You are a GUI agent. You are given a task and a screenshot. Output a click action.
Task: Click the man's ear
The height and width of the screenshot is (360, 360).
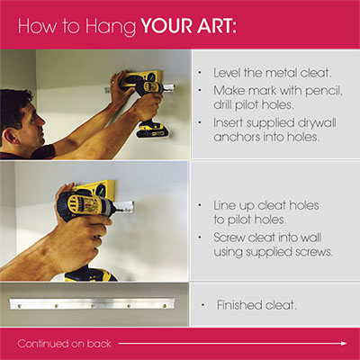tap(10, 136)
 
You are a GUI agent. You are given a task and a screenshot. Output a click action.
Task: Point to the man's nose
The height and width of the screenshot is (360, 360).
tap(41, 121)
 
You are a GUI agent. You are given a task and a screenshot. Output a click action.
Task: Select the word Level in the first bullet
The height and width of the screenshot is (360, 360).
tap(227, 73)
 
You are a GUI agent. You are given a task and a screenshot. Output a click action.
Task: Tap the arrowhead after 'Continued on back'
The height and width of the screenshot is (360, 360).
tap(344, 344)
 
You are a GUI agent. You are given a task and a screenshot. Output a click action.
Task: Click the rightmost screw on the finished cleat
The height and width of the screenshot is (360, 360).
tap(165, 306)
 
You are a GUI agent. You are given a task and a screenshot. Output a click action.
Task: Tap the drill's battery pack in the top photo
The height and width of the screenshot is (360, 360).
tap(152, 130)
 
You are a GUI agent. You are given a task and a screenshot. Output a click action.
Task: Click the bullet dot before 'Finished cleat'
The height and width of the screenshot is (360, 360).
tap(203, 305)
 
